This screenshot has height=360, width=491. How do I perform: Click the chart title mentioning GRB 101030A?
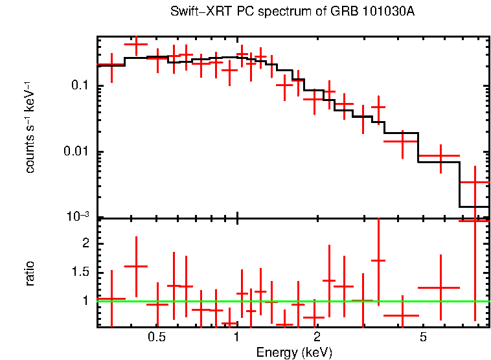[x=292, y=12]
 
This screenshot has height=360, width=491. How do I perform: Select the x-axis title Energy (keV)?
[x=294, y=352]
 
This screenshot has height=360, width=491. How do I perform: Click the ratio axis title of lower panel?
[x=30, y=273]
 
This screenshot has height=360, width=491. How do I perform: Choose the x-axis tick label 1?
[x=237, y=337]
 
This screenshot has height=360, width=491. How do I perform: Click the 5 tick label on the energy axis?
[x=423, y=337]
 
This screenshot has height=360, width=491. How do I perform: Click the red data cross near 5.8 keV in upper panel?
[x=440, y=156]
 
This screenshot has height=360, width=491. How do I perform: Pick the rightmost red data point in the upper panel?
[x=475, y=183]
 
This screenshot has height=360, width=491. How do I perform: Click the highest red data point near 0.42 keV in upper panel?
[x=136, y=45]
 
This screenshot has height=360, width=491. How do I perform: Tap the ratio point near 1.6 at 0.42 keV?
[x=136, y=266]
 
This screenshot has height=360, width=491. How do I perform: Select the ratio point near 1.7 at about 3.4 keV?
[x=378, y=260]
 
